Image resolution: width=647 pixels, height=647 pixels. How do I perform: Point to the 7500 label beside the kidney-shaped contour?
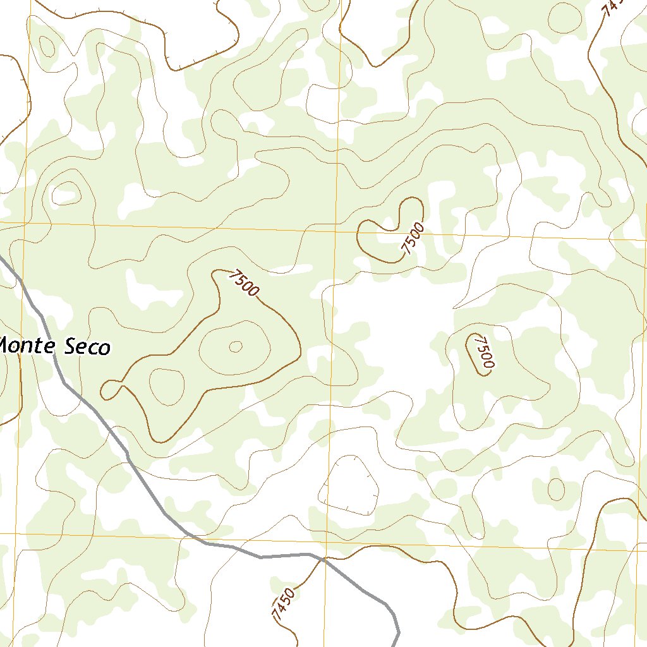point(412,238)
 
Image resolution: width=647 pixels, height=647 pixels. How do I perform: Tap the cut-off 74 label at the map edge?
point(612,8)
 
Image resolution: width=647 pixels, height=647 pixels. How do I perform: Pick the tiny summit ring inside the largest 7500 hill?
point(236,346)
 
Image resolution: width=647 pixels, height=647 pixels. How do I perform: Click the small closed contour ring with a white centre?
point(66,192)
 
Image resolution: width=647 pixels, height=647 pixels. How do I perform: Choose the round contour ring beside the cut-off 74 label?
point(564,17)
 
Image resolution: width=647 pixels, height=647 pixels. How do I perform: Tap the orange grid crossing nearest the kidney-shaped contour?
point(335,231)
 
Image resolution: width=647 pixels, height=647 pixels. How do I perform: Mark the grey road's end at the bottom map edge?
point(396,644)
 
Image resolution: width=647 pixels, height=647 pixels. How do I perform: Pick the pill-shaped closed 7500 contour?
point(478,354)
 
